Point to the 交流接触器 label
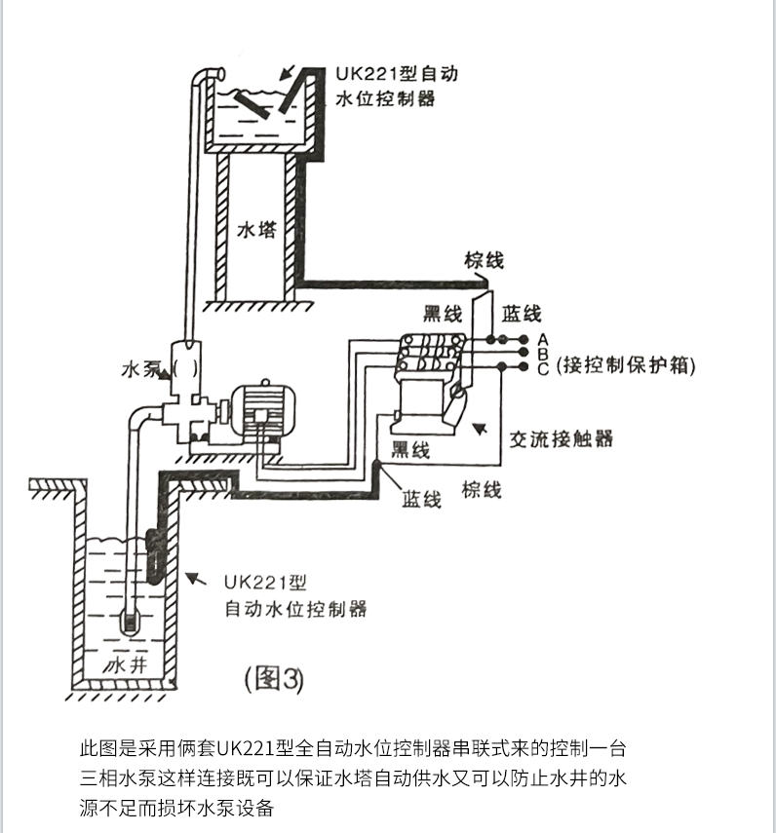click(x=562, y=438)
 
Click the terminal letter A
click(x=544, y=338)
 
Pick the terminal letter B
click(x=544, y=353)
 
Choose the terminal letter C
click(x=544, y=367)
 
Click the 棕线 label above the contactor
click(x=485, y=260)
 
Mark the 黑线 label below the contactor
click(x=410, y=449)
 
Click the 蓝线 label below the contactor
click(x=421, y=499)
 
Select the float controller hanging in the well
click(x=154, y=556)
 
